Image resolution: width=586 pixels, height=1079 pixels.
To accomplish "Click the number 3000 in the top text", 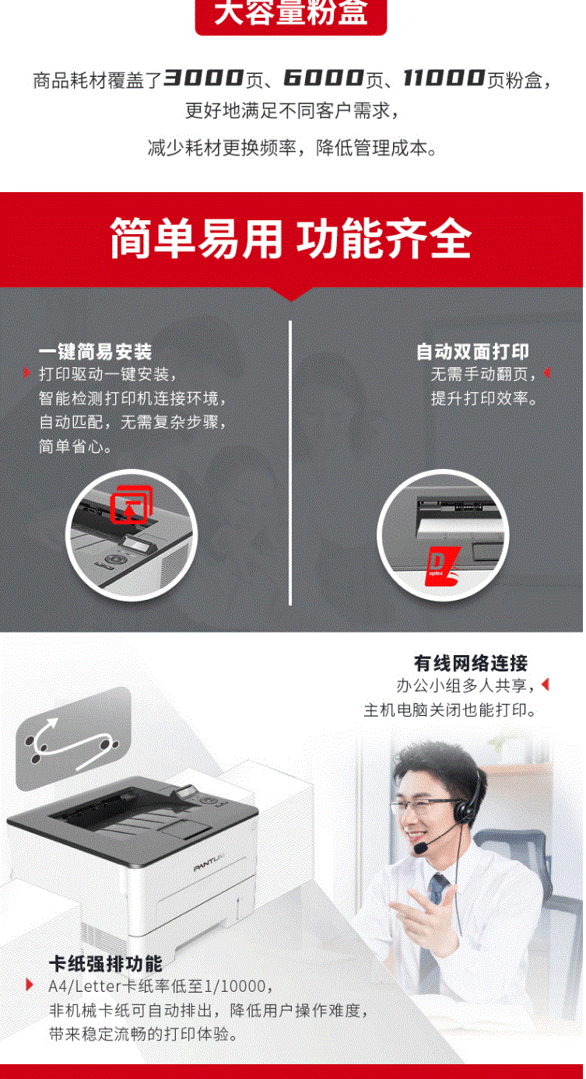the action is click(x=203, y=78).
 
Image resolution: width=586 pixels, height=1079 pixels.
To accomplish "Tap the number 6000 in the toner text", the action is click(x=323, y=78).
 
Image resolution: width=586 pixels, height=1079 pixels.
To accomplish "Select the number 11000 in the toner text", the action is click(x=444, y=78).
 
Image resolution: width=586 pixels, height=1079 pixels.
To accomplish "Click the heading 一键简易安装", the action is click(x=96, y=352).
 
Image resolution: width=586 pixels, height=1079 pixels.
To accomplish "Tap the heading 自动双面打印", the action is click(x=472, y=352).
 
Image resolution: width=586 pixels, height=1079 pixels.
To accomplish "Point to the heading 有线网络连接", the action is click(x=471, y=664).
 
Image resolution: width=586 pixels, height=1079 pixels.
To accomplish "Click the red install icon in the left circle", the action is click(x=131, y=505).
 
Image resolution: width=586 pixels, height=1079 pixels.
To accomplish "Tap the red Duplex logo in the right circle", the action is click(x=442, y=566).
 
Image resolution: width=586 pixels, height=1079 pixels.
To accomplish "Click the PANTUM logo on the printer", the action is click(x=209, y=862).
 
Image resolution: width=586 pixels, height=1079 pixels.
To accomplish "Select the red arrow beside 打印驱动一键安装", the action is click(x=26, y=373).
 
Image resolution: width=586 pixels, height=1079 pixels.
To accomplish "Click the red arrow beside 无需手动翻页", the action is click(x=547, y=373).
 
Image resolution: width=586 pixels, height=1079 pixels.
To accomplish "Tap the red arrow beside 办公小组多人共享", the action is click(x=546, y=685).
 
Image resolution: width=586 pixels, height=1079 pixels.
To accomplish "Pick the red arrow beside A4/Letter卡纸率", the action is click(x=30, y=985).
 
